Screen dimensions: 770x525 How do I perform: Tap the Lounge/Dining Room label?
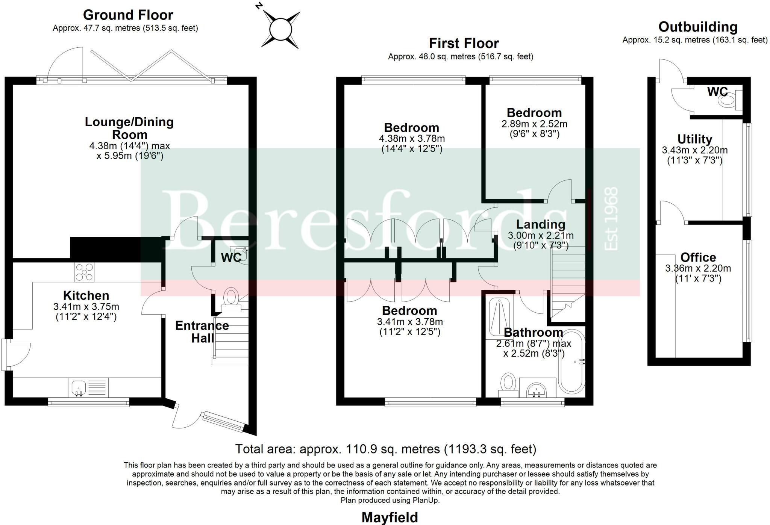129,128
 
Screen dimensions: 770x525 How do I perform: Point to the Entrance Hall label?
202,331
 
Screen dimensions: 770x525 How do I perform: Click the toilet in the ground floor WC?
231,297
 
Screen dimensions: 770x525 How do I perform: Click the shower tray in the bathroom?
499,315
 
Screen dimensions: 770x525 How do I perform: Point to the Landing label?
541,224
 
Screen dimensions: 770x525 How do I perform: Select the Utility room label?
694,139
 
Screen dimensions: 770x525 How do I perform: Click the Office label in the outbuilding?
698,257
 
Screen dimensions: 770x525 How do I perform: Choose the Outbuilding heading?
698,27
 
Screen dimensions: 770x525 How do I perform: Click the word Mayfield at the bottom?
390,517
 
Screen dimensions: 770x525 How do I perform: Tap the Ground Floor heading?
128,15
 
